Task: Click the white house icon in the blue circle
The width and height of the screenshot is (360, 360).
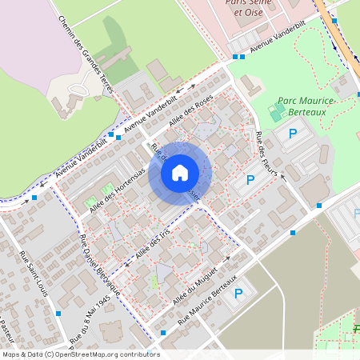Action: pyautogui.click(x=180, y=172)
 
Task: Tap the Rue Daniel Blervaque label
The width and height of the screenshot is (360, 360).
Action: pyautogui.click(x=99, y=265)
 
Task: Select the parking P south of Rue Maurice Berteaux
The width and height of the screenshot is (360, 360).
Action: pyautogui.click(x=238, y=294)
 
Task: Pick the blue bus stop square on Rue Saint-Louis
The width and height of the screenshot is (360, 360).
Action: pyautogui.click(x=58, y=314)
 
